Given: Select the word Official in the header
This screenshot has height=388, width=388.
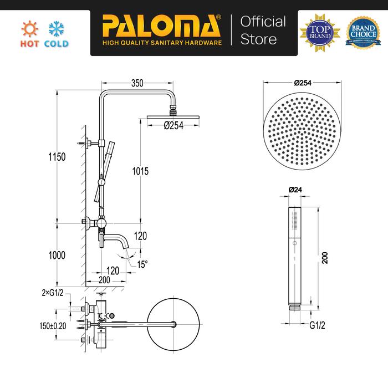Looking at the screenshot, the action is click(263, 22).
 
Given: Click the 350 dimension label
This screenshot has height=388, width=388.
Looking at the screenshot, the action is click(137, 83).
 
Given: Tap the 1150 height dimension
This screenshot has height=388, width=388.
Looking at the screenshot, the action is click(57, 157).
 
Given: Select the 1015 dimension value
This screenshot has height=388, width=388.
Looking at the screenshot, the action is click(141, 172).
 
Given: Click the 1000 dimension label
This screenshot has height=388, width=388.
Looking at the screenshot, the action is click(57, 256).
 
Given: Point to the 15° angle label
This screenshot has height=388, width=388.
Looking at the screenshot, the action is click(142, 264).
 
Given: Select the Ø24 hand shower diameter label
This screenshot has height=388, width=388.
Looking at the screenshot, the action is click(294, 190).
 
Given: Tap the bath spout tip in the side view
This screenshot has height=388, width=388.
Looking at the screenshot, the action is click(127, 247).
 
